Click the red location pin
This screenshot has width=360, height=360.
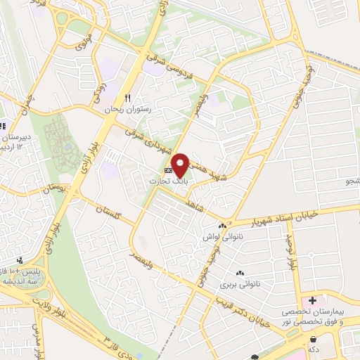[181, 165]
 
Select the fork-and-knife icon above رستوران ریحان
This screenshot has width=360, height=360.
[127, 97]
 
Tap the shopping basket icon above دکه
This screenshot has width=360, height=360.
[311, 337]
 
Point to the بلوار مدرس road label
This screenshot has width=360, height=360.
[39, 337]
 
